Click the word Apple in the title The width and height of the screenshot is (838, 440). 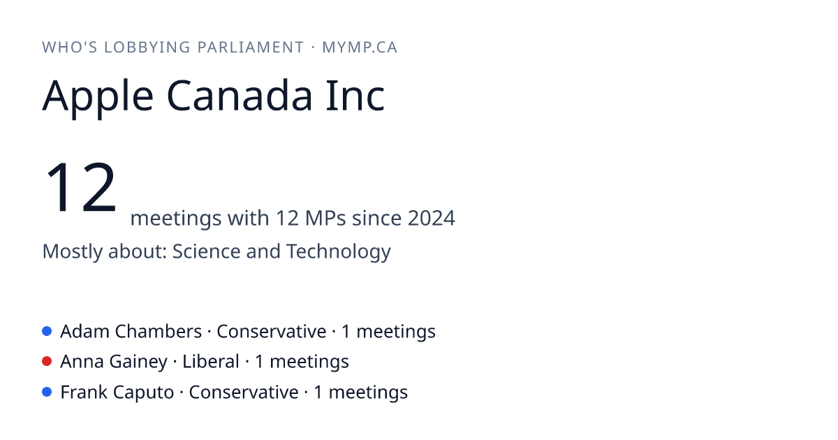click(x=98, y=98)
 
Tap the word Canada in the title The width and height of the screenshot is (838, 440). click(x=240, y=96)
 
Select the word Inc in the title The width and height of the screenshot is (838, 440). click(x=355, y=96)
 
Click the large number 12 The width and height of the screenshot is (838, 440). click(x=80, y=186)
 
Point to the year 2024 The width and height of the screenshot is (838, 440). click(x=432, y=218)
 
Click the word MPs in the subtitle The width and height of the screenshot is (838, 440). click(x=325, y=218)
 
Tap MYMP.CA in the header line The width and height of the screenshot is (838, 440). click(x=360, y=47)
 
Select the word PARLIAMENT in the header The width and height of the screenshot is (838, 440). click(x=251, y=47)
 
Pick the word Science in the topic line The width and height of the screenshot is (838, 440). click(x=206, y=251)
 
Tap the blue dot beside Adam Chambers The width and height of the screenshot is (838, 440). click(x=47, y=331)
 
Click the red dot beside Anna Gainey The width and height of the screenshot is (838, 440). click(x=47, y=362)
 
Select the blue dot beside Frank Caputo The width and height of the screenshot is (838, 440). click(x=47, y=392)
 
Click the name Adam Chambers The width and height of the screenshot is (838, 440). click(x=131, y=332)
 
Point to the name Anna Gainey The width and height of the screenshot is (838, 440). click(x=114, y=362)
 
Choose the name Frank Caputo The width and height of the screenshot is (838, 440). click(x=117, y=393)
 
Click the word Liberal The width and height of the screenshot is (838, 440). click(x=211, y=362)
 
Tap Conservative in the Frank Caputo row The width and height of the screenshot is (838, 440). click(x=244, y=393)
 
